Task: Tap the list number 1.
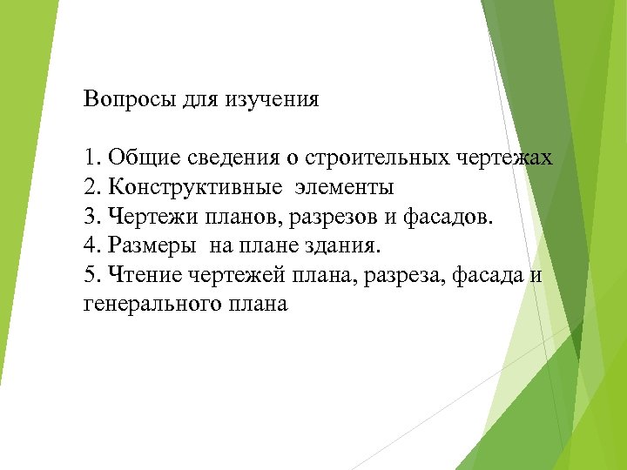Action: (x=91, y=158)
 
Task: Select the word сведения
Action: (x=233, y=158)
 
